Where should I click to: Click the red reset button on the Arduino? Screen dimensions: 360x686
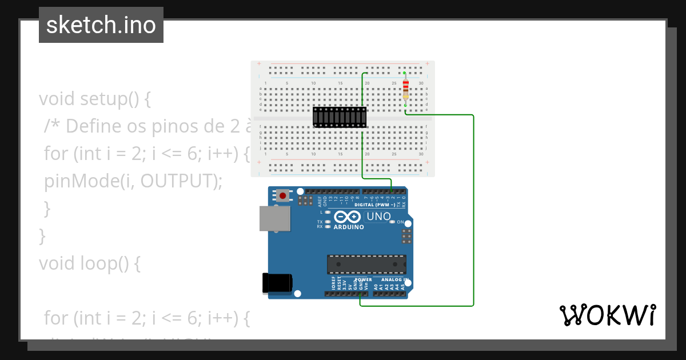[282, 195]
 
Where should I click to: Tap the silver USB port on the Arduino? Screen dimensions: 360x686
[274, 218]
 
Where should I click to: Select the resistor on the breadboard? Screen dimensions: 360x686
[405, 89]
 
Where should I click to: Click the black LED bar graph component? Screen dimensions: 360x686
[340, 117]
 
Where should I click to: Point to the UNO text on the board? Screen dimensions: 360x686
[378, 217]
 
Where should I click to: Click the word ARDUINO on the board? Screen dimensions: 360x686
[349, 227]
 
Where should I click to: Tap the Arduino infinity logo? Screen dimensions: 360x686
[347, 217]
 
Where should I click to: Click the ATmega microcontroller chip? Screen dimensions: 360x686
[366, 264]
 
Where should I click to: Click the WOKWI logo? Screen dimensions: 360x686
[607, 315]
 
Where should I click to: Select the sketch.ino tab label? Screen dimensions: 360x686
[101, 25]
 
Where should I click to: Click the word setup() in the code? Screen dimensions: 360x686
[108, 99]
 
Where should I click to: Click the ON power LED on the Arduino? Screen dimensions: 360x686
[392, 222]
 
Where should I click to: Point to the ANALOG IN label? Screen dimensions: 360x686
[391, 280]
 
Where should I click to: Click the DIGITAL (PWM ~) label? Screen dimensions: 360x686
[376, 204]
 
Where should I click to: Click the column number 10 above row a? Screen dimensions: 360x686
[313, 83]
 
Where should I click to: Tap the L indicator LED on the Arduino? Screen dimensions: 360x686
[328, 212]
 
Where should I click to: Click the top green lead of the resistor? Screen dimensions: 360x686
[405, 74]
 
